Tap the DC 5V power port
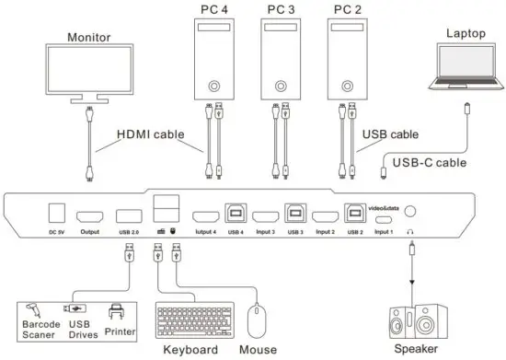coord(55,214)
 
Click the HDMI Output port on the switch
coord(89,215)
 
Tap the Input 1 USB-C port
coord(385,219)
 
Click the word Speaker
coord(416,351)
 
